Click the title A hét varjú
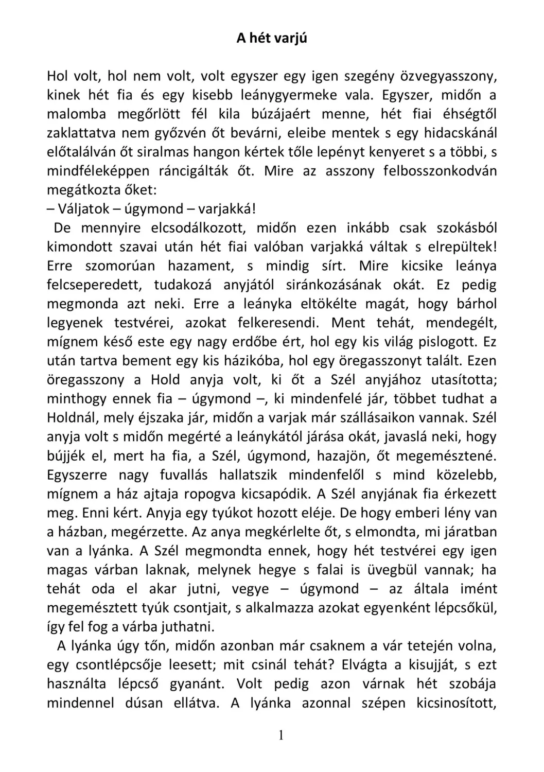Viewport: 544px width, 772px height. point(272,38)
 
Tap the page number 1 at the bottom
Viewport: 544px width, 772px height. point(280,735)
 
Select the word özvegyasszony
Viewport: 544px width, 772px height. point(448,76)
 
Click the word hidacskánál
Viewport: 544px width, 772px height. point(461,133)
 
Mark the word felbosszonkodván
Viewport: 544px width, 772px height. point(441,171)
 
